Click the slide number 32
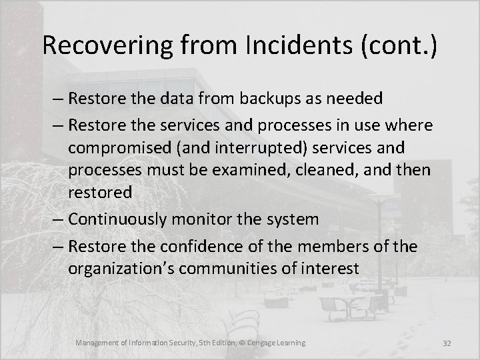(x=447, y=343)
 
